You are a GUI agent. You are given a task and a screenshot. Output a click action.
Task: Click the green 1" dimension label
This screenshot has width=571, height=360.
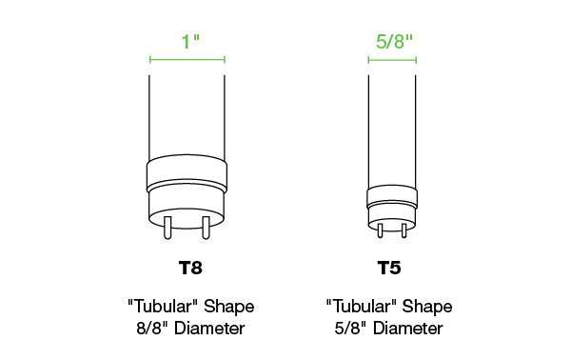191,42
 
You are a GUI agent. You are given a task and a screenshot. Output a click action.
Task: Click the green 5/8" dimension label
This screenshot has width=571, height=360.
394,41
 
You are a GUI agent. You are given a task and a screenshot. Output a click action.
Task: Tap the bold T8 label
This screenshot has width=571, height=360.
190,268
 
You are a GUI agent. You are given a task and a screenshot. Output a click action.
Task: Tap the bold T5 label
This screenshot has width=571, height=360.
389,268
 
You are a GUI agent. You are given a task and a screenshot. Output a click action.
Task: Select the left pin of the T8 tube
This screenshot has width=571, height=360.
167,228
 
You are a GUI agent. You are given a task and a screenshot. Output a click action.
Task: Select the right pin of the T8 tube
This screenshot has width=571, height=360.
206,228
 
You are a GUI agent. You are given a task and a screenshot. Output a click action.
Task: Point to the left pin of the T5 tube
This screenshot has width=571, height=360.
380,230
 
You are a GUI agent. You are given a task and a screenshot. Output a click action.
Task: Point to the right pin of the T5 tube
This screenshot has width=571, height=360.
404,230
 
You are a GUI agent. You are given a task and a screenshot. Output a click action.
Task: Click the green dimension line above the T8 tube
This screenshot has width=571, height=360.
187,59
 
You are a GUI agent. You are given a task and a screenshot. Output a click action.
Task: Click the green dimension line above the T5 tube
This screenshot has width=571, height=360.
392,60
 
